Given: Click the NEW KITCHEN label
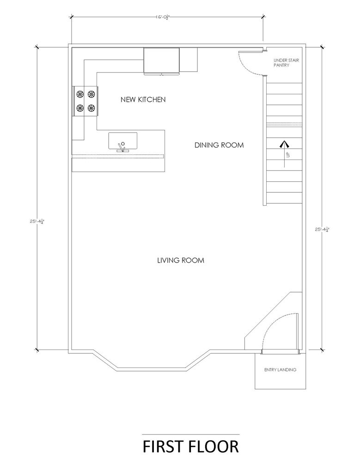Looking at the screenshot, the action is pyautogui.click(x=143, y=99).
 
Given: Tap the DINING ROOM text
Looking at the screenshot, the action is pyautogui.click(x=219, y=145).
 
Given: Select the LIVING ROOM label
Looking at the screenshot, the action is pyautogui.click(x=181, y=260).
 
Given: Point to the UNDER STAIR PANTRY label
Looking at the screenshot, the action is pyautogui.click(x=287, y=63).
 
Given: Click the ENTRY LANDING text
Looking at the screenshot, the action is pyautogui.click(x=280, y=370).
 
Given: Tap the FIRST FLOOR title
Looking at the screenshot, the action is pyautogui.click(x=190, y=447).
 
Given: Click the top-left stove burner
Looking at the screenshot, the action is pyautogui.click(x=79, y=94).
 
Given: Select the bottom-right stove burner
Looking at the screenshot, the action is pyautogui.click(x=91, y=108).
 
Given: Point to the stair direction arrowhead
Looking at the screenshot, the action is pyautogui.click(x=284, y=144).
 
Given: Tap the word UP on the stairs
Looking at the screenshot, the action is pyautogui.click(x=287, y=154).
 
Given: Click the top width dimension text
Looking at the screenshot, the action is pyautogui.click(x=164, y=17).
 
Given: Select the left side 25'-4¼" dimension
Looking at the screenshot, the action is pyautogui.click(x=37, y=221).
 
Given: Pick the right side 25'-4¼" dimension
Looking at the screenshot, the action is pyautogui.click(x=323, y=229).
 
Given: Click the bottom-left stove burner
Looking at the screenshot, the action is pyautogui.click(x=79, y=108).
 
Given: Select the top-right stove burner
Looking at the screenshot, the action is pyautogui.click(x=91, y=94).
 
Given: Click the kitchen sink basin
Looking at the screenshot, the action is pyautogui.click(x=122, y=141).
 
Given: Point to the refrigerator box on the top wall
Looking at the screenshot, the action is pyautogui.click(x=162, y=61).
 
